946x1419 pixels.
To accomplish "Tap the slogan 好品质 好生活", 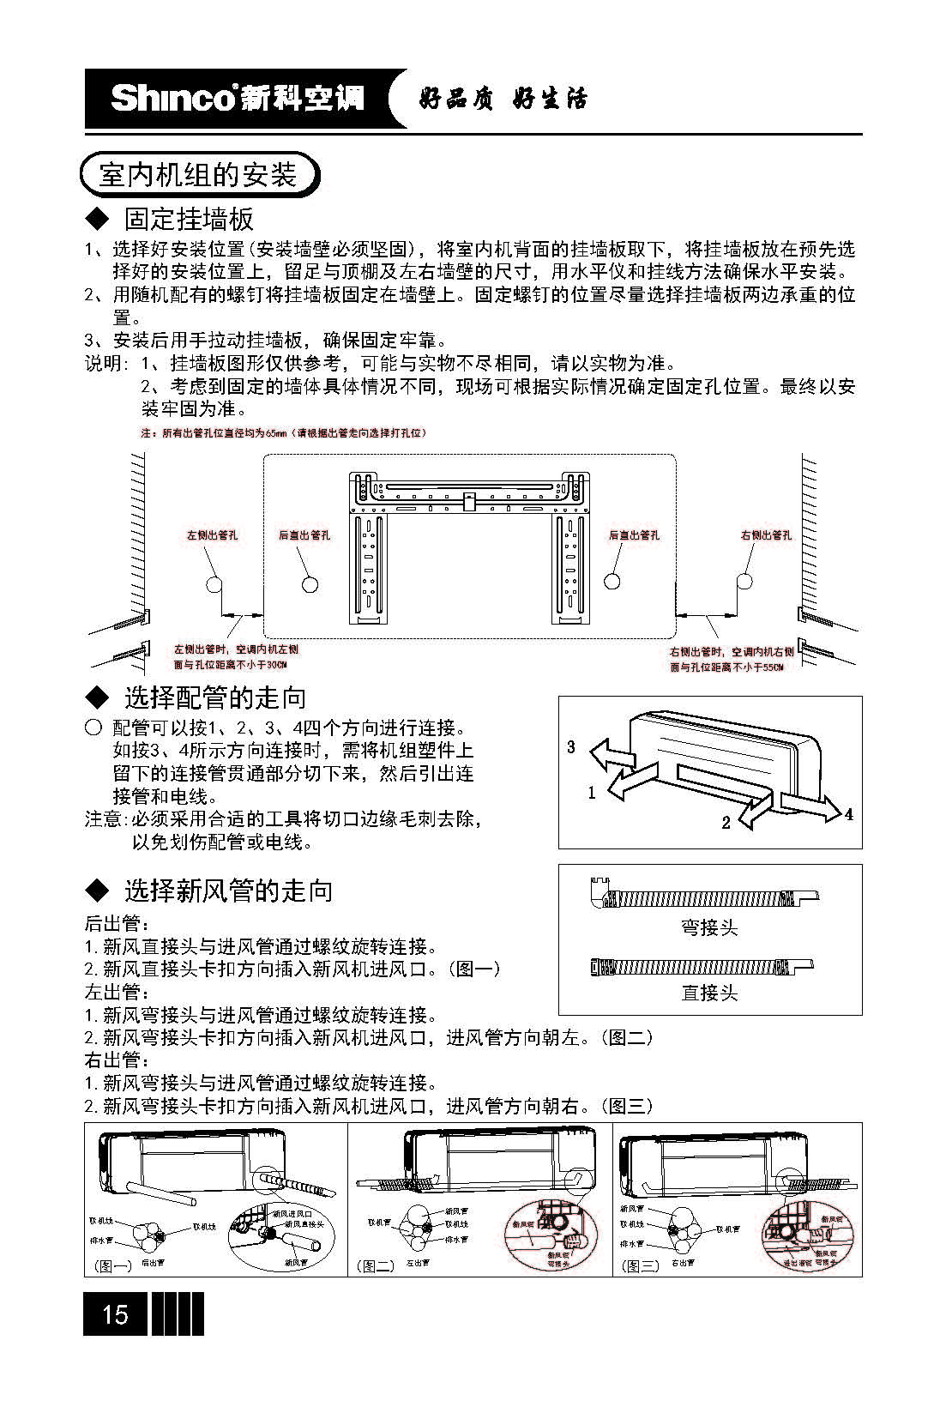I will (503, 100).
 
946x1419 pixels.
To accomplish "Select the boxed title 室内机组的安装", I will (198, 175).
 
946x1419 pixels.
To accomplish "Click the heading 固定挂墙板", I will (189, 219).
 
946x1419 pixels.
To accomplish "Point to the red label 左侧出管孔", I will (212, 535).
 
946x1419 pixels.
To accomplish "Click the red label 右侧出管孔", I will (766, 535).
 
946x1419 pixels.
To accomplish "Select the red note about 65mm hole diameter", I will (283, 433).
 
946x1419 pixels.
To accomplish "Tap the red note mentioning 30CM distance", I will (236, 657).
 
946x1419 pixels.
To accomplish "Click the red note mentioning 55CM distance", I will (731, 660).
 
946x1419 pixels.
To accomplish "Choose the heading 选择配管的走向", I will (214, 697).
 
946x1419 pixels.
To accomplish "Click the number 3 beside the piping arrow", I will (571, 746).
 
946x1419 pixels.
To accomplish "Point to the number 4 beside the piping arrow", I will (849, 813).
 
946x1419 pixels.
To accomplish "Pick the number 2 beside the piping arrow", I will (726, 823).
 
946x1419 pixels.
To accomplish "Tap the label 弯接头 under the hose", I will (709, 927).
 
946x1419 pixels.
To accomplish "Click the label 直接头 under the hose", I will (709, 993).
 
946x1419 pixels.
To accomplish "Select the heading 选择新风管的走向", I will (228, 891).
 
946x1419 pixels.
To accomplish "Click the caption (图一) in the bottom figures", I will (112, 1265).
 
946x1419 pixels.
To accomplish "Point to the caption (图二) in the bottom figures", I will (376, 1265).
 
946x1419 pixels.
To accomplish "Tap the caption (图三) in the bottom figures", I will (640, 1265).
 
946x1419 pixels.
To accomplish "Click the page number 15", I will (115, 1313).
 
